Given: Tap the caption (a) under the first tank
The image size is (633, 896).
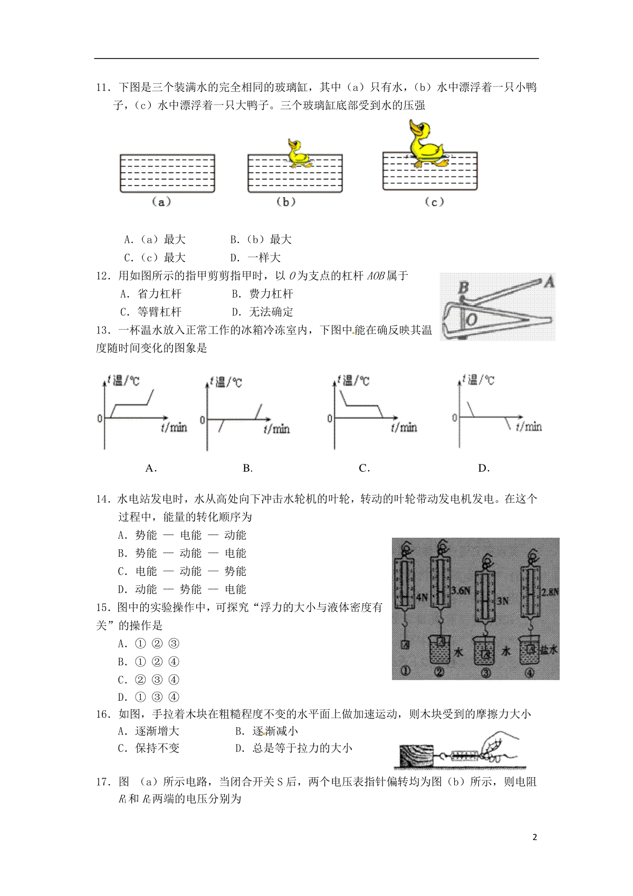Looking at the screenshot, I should pyautogui.click(x=161, y=202).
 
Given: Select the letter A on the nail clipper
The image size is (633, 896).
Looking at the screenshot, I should pyautogui.click(x=549, y=282).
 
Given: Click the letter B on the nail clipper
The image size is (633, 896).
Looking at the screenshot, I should pyautogui.click(x=464, y=288).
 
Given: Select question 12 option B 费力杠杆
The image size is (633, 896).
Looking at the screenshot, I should pyautogui.click(x=262, y=294).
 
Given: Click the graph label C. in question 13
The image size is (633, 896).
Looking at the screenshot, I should pyautogui.click(x=364, y=468).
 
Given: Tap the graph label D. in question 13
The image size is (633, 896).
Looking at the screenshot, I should pyautogui.click(x=483, y=468).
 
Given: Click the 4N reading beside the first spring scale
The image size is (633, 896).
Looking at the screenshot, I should pyautogui.click(x=422, y=597).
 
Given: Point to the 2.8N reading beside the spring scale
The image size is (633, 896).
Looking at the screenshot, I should pyautogui.click(x=550, y=592).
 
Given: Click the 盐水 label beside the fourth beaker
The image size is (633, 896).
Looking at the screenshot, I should pyautogui.click(x=548, y=650).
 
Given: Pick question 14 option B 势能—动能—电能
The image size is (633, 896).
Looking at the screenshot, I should pyautogui.click(x=182, y=553).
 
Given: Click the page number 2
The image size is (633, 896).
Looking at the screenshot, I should pyautogui.click(x=535, y=837).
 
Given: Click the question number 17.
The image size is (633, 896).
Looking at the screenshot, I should pyautogui.click(x=102, y=782).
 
